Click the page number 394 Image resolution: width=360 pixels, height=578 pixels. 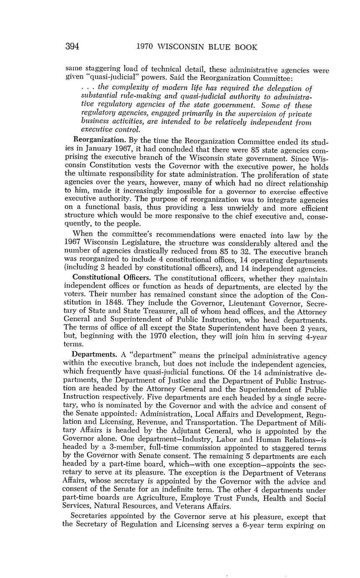coord(73,46)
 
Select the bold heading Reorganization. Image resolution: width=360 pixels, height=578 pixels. coord(99,139)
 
